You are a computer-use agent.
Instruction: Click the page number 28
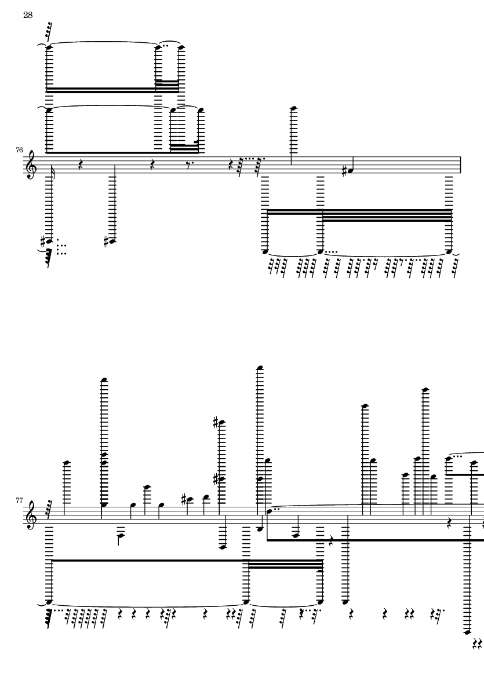point(28,15)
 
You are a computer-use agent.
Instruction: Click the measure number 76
point(19,150)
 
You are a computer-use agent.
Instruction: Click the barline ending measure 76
point(461,165)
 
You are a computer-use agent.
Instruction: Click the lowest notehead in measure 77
point(467,632)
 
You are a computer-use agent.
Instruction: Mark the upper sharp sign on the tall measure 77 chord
point(216,422)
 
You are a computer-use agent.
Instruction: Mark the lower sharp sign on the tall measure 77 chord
point(216,480)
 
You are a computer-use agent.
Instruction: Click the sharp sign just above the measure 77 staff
point(184,498)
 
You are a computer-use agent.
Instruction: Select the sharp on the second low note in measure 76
point(108,242)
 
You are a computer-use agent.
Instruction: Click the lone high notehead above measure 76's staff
point(294,108)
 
